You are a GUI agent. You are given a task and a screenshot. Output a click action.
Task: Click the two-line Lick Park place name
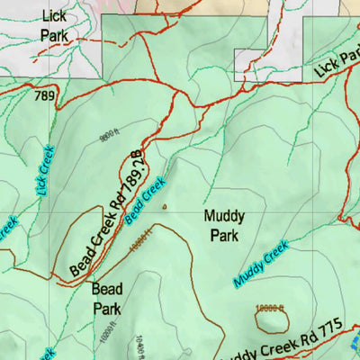[54, 25]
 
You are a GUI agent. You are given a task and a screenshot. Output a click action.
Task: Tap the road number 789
[44, 94]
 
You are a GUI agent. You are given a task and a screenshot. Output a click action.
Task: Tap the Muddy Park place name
[223, 226]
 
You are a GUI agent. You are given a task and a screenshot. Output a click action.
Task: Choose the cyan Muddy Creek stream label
[260, 264]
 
